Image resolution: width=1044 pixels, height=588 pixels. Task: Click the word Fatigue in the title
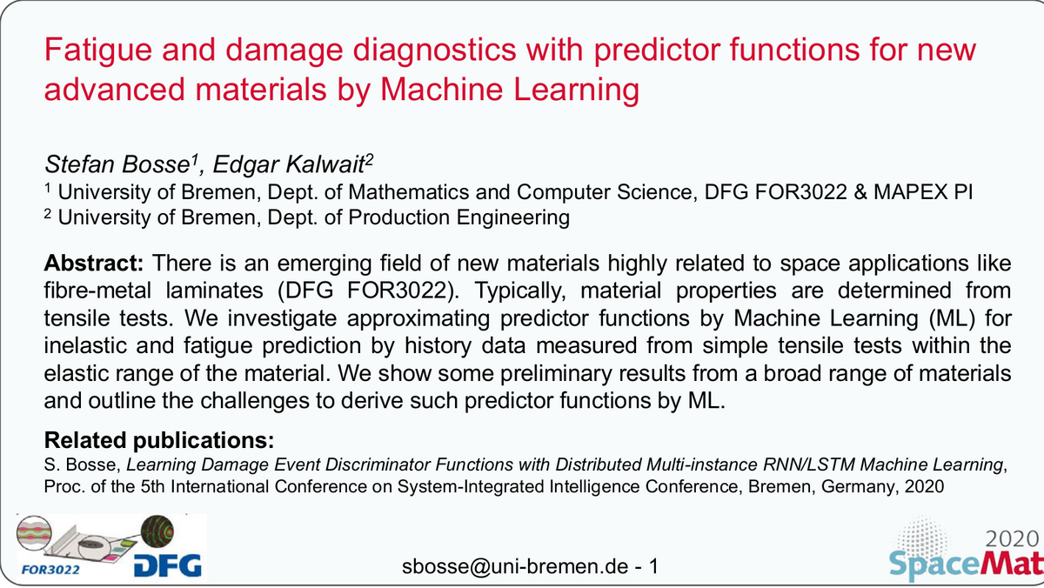98,50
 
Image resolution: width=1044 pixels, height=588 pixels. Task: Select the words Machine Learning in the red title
510,90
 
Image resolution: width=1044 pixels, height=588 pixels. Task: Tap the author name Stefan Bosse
117,164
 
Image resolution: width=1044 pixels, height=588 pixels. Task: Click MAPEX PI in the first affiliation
923,192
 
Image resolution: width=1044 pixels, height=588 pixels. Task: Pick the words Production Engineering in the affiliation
459,217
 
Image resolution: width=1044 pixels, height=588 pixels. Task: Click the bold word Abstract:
94,264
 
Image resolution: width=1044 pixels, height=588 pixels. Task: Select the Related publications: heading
159,440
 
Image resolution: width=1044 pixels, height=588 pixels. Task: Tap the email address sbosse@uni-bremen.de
515,566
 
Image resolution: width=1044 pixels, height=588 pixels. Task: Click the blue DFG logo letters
168,565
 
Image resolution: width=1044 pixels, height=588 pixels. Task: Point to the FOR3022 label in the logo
50,570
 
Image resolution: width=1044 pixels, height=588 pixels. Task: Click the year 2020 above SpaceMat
1012,539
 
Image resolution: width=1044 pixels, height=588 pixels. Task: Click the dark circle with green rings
157,531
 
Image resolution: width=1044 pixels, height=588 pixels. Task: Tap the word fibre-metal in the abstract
97,291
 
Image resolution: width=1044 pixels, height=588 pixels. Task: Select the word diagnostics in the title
434,50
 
